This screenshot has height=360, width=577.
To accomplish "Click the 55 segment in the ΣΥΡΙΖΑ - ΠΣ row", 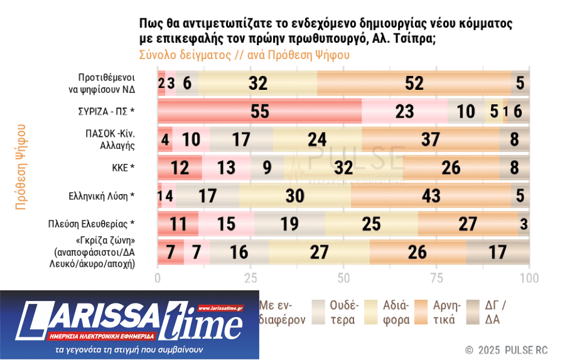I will click(x=259, y=111).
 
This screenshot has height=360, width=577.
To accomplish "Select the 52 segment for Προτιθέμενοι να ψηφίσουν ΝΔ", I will click(x=414, y=82).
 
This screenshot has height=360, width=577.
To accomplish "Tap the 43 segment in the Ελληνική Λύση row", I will click(x=431, y=195).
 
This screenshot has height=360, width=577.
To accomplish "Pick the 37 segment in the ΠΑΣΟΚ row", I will click(x=430, y=139).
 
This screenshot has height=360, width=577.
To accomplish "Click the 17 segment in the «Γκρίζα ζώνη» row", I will click(x=498, y=252).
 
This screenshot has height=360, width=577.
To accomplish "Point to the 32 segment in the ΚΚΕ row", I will click(x=343, y=167).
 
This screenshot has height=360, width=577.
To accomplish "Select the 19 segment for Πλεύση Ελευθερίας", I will click(x=289, y=224).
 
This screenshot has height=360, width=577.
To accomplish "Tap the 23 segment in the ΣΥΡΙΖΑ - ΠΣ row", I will click(x=405, y=111).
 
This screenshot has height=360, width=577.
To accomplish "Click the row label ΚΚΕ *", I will click(x=119, y=167).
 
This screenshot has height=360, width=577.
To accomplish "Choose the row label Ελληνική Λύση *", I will click(x=102, y=195).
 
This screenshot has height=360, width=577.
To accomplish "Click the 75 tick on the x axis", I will click(x=436, y=278).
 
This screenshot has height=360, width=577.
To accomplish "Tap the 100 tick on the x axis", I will click(x=529, y=278).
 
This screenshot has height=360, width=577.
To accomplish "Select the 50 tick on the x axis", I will click(x=343, y=278).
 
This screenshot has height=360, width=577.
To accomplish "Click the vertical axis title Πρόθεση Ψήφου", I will click(x=21, y=166).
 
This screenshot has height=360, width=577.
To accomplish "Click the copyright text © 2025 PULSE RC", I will click(x=506, y=349).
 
